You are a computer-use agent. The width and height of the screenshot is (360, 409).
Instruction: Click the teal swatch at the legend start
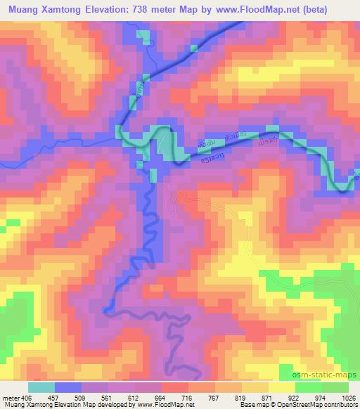(41, 387)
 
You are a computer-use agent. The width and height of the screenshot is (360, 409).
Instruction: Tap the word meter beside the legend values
(11, 397)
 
